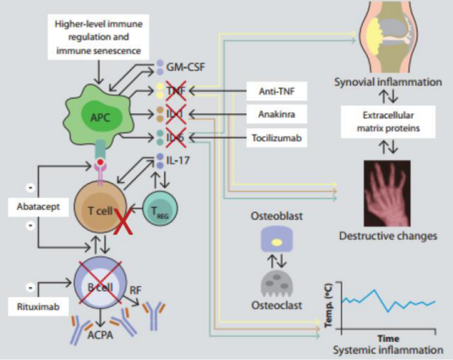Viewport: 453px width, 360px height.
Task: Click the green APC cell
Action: pos(92,117)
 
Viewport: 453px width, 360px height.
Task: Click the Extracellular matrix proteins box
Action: pos(388,122)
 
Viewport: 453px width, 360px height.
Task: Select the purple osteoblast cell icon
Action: pos(277,241)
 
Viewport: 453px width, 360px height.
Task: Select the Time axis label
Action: pos(388,339)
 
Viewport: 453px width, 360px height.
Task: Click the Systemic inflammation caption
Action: pos(388,350)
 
